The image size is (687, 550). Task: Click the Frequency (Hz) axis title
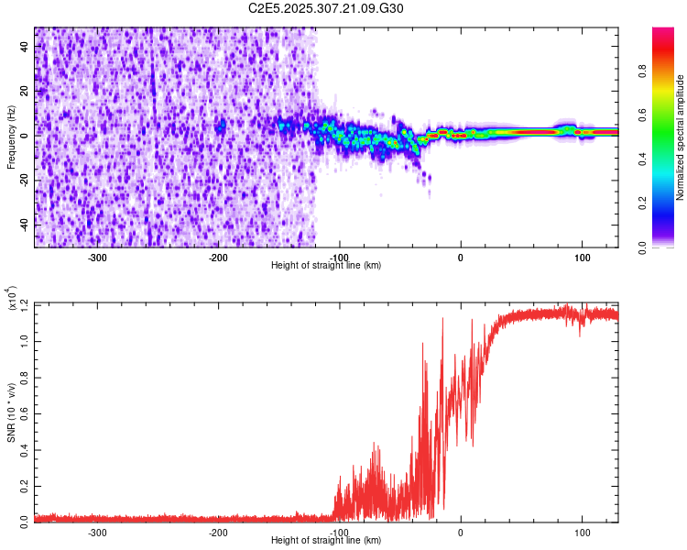click(11, 137)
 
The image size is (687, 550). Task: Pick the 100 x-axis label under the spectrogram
click(582, 257)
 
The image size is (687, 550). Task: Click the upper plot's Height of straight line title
click(326, 266)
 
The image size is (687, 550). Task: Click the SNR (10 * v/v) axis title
click(11, 412)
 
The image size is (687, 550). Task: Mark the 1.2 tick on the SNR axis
click(25, 304)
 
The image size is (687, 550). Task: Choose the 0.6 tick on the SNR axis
click(25, 412)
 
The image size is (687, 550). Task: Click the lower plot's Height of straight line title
click(326, 541)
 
